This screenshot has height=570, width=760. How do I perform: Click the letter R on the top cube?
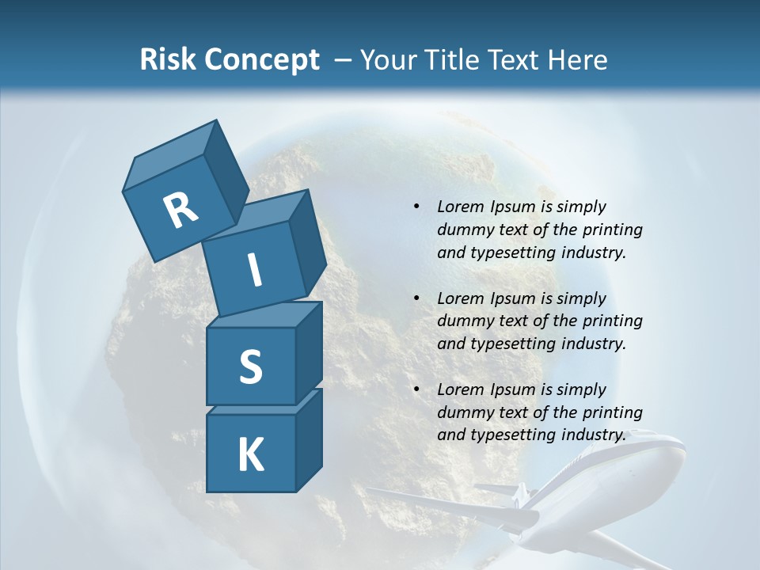click(180, 211)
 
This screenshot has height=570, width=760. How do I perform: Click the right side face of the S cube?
click(309, 355)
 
